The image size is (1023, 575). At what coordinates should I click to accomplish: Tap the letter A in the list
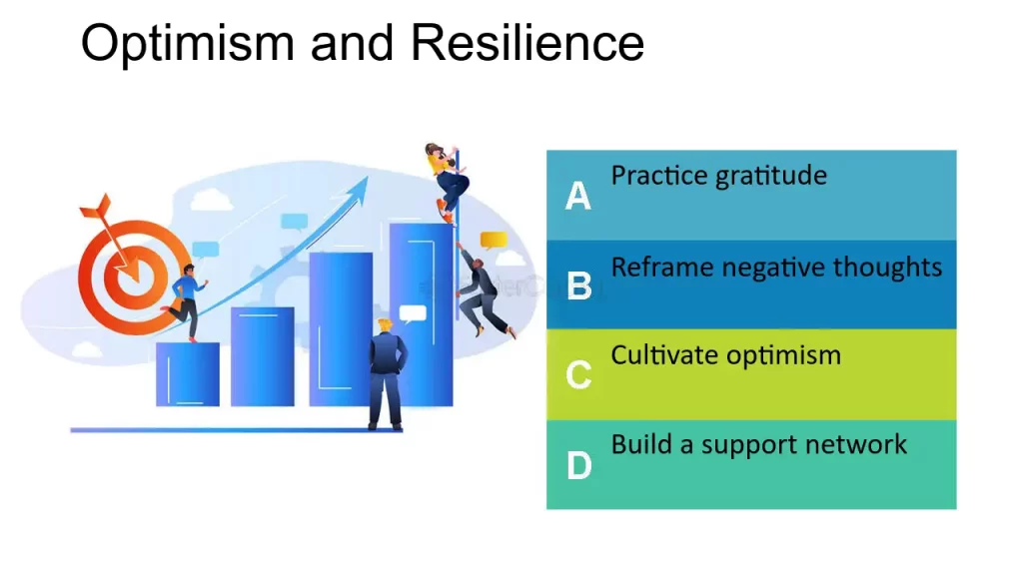[x=578, y=197]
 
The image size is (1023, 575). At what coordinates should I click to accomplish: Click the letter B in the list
[x=579, y=287]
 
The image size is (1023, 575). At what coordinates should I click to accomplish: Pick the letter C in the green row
[x=579, y=376]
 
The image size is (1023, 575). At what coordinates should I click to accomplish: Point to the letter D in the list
[x=579, y=466]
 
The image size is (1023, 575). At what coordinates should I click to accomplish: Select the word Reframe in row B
[x=662, y=268]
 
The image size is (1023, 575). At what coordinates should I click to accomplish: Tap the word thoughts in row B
[x=888, y=268]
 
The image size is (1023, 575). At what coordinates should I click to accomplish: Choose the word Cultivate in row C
[x=662, y=355]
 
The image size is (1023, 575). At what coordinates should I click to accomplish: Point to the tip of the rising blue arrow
[x=364, y=181]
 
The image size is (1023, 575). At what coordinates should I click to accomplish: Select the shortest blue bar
[x=187, y=373]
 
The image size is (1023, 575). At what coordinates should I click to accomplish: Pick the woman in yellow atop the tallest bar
[x=447, y=180]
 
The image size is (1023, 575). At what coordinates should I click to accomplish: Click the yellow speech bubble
[x=494, y=240]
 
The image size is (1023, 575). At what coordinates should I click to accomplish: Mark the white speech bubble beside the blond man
[x=413, y=312]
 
